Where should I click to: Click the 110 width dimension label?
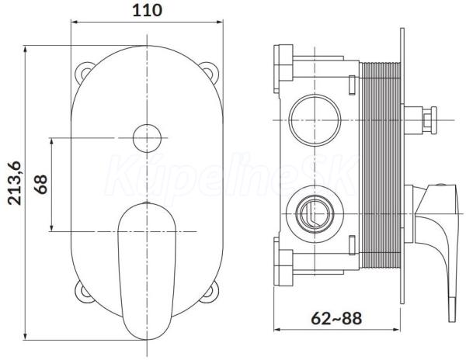(x=147, y=10)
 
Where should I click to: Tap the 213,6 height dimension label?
(x=15, y=183)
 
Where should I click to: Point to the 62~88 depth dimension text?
(x=336, y=319)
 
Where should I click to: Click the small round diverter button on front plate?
(x=147, y=138)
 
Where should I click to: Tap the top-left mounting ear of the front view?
(x=84, y=71)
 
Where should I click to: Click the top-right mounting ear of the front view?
(x=210, y=71)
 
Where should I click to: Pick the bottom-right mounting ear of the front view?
(x=210, y=292)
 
